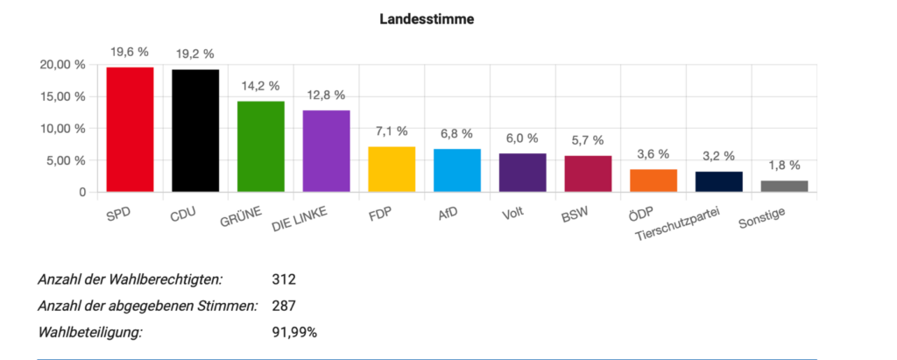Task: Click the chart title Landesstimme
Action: pyautogui.click(x=427, y=18)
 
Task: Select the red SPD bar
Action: pyautogui.click(x=130, y=130)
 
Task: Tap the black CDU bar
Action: pyautogui.click(x=195, y=131)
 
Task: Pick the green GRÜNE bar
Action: pyautogui.click(x=261, y=146)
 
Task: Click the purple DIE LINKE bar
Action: pyautogui.click(x=326, y=151)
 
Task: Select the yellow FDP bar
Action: pyautogui.click(x=392, y=169)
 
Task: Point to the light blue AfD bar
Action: pyautogui.click(x=456, y=170)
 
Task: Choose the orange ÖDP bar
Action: pyautogui.click(x=653, y=180)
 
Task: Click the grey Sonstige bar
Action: pyautogui.click(x=784, y=186)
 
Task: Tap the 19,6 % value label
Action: pyautogui.click(x=130, y=51)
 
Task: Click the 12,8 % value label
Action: pyautogui.click(x=326, y=95)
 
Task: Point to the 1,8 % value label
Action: pyautogui.click(x=784, y=165)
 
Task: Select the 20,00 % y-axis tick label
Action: pyautogui.click(x=63, y=65)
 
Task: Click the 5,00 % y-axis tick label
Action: pyautogui.click(x=67, y=160)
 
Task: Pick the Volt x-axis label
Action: pyautogui.click(x=513, y=213)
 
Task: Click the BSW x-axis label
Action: pyautogui.click(x=576, y=214)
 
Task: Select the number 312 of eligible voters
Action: pyautogui.click(x=285, y=280)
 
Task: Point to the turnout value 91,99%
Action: pyautogui.click(x=294, y=333)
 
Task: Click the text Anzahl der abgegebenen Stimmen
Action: pyautogui.click(x=148, y=307)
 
